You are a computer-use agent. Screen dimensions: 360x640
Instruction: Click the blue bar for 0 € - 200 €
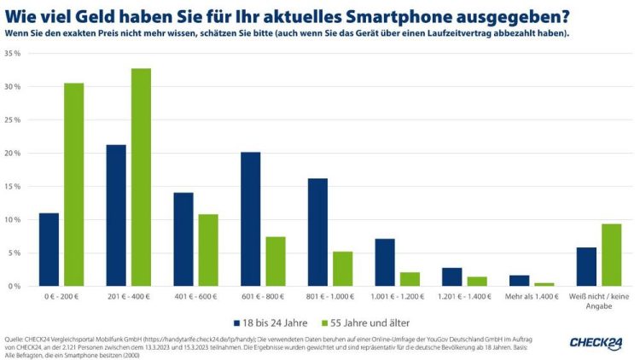pos(49,249)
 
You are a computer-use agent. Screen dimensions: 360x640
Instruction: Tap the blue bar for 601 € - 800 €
pos(250,219)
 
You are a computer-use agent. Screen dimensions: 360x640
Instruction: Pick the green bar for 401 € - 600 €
pos(207,250)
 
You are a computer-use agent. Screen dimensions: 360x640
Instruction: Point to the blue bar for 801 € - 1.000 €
pos(317,232)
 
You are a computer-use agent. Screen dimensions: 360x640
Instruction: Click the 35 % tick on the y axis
pos(13,53)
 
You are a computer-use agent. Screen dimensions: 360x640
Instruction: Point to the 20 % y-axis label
pos(13,154)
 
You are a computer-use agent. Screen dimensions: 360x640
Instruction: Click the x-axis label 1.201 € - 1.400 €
pos(463,297)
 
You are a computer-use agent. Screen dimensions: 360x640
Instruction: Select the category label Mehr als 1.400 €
pos(530,297)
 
